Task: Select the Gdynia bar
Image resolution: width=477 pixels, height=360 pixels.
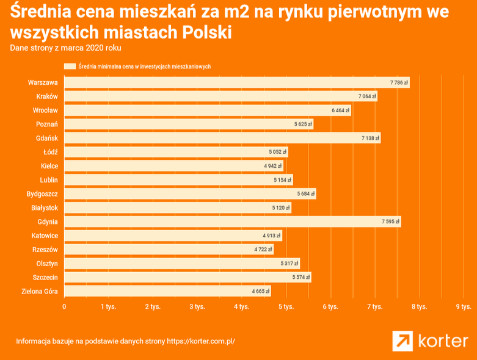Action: click(232, 221)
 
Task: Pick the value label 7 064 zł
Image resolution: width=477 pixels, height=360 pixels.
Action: click(366, 96)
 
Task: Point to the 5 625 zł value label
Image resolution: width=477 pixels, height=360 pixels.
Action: click(303, 124)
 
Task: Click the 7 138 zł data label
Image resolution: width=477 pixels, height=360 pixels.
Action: click(370, 138)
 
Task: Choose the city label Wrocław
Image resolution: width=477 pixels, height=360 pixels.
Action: click(45, 110)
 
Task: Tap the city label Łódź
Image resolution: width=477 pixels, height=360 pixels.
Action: click(50, 152)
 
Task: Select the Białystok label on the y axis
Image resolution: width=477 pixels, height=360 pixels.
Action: click(44, 207)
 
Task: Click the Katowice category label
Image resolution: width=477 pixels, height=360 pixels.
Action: click(45, 236)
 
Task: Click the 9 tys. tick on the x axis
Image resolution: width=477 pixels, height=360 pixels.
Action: click(462, 306)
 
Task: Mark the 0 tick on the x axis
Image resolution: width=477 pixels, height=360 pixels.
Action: click(64, 306)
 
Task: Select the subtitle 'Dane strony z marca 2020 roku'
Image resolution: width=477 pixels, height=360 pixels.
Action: click(61, 48)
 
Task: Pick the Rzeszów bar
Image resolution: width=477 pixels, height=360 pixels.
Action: click(169, 250)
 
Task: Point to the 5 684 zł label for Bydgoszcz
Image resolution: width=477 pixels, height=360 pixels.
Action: click(305, 193)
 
